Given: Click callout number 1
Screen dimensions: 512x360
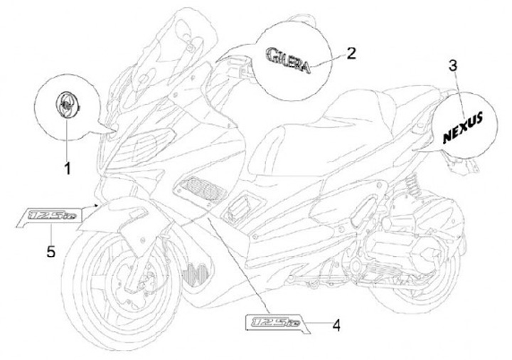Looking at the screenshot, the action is pos(68,168).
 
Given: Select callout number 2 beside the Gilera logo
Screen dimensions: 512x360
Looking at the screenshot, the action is pos(350,53).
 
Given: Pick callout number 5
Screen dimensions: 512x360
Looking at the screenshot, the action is pos(50,250).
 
